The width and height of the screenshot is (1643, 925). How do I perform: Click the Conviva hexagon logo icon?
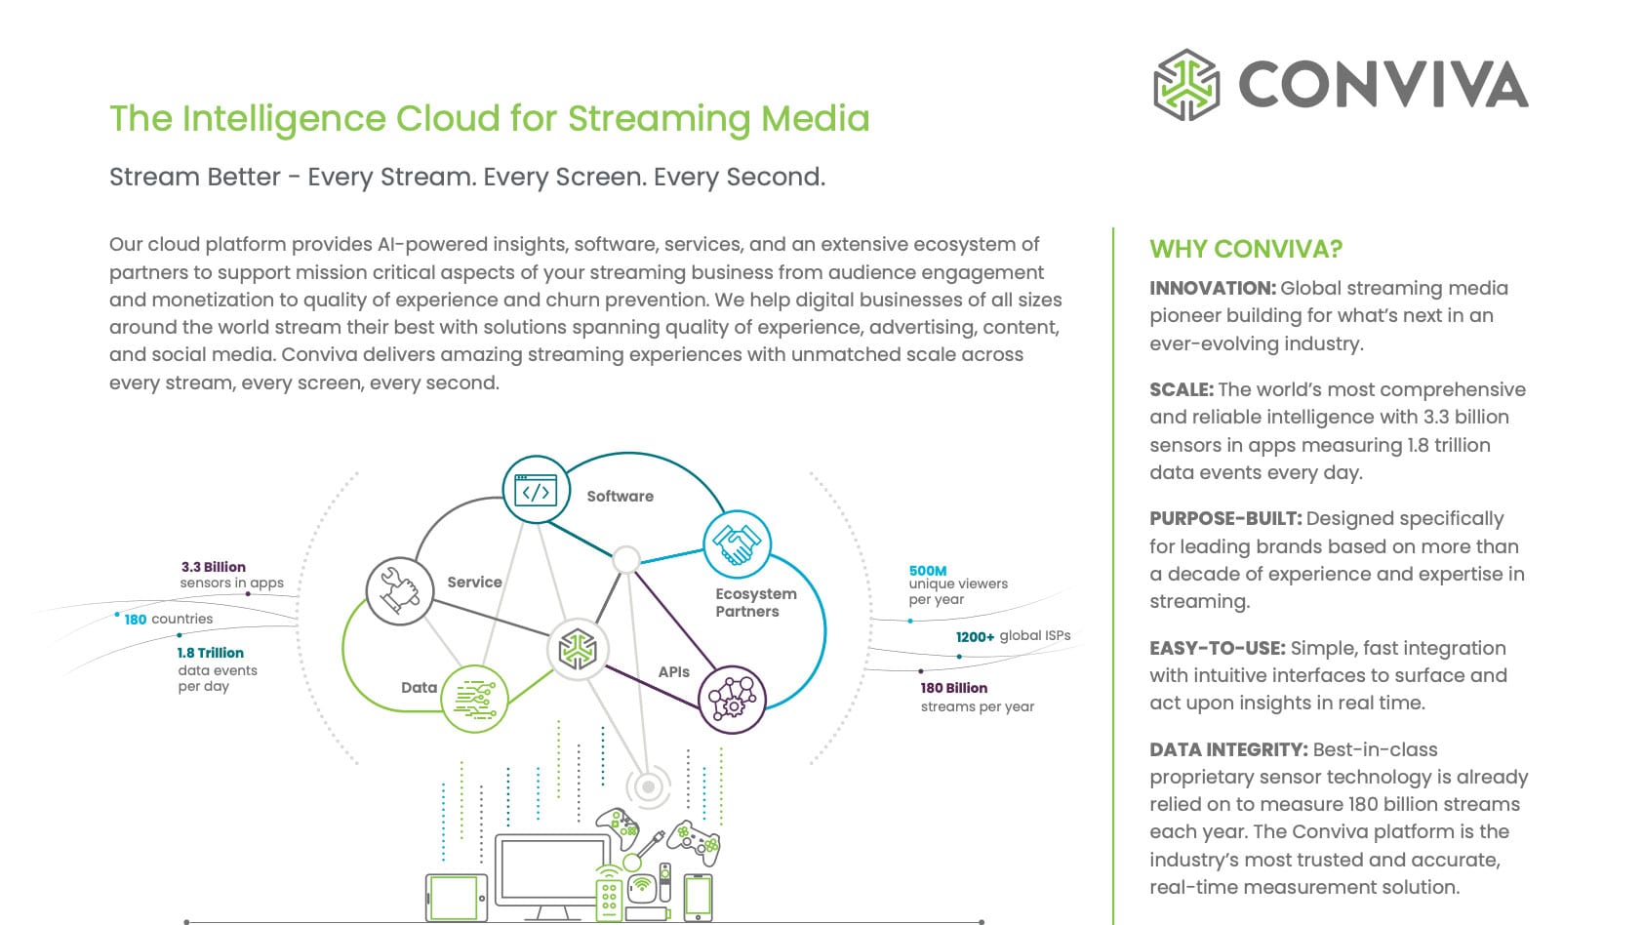pos(1186,85)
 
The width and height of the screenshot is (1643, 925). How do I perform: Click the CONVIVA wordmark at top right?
pos(1383,85)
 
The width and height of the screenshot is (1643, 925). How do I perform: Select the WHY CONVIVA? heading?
pos(1246,249)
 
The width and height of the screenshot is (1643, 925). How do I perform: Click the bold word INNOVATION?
pos(1212,288)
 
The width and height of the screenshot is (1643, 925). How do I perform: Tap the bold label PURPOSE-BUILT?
pos(1225,518)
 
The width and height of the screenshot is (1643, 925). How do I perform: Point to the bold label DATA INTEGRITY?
pos(1228,749)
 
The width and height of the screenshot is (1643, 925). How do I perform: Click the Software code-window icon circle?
pos(536,490)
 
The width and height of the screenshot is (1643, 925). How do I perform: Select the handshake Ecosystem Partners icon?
pos(737,544)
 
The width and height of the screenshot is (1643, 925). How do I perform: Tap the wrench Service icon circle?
pos(399,590)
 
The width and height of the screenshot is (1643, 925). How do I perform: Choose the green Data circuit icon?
pos(474,699)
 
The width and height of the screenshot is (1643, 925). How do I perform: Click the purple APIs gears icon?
pos(732,700)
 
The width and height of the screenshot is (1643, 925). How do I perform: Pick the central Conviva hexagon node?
pos(578,649)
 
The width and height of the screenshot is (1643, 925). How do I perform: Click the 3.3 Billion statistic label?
pos(213,567)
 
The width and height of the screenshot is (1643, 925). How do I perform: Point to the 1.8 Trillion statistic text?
pos(210,653)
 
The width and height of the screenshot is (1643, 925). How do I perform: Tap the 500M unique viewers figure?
pos(927,571)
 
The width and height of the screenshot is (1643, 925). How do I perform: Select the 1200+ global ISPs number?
pos(975,636)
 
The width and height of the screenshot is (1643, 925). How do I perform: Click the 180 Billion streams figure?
pos(953,688)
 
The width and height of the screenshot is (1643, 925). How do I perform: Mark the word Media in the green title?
pos(815,118)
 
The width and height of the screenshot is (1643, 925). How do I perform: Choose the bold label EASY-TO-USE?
pos(1217,648)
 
